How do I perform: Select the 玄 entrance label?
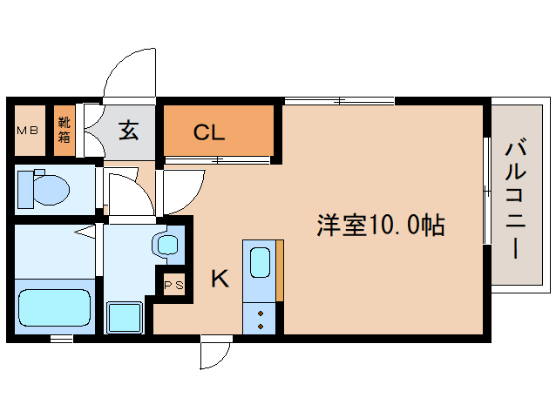click(x=129, y=131)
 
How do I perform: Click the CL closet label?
click(x=209, y=132)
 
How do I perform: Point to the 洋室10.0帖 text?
click(x=380, y=226)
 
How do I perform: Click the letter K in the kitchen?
click(x=220, y=279)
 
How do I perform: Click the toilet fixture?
click(x=44, y=187)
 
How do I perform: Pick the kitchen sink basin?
click(x=261, y=261)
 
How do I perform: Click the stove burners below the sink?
click(x=261, y=318)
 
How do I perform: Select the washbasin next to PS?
click(x=166, y=244)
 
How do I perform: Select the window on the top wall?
click(x=340, y=101)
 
